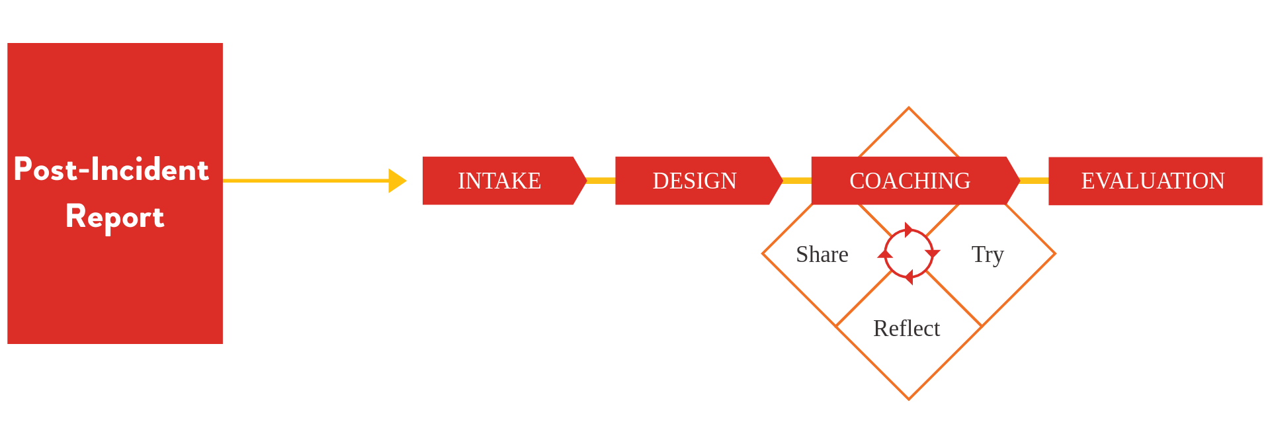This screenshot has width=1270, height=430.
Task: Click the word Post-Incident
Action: coord(111,169)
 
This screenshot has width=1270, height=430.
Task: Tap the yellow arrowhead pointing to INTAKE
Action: coord(397,181)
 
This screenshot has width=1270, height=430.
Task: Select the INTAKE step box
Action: coord(499,181)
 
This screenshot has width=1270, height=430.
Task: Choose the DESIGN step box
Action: coord(695,181)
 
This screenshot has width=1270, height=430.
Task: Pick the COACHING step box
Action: coord(910,181)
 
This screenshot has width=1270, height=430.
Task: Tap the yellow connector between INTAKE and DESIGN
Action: coord(601,181)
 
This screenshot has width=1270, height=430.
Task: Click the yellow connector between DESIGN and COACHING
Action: coord(797,181)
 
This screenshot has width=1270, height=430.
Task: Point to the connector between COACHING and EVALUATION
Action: coord(1034,181)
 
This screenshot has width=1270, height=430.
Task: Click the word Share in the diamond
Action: coord(822,255)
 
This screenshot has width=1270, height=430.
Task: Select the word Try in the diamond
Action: coord(988,255)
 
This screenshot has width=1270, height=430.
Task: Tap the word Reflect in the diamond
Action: coord(906,329)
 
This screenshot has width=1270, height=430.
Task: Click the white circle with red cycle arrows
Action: coord(909,253)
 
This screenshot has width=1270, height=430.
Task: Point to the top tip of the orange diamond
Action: coord(909,108)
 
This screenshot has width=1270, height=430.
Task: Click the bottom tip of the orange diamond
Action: coord(909,399)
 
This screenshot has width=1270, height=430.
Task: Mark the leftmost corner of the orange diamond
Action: coord(763,253)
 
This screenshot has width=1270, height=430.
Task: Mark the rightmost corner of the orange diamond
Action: coord(1054,253)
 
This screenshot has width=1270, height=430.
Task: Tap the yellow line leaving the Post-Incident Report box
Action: coord(304,180)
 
